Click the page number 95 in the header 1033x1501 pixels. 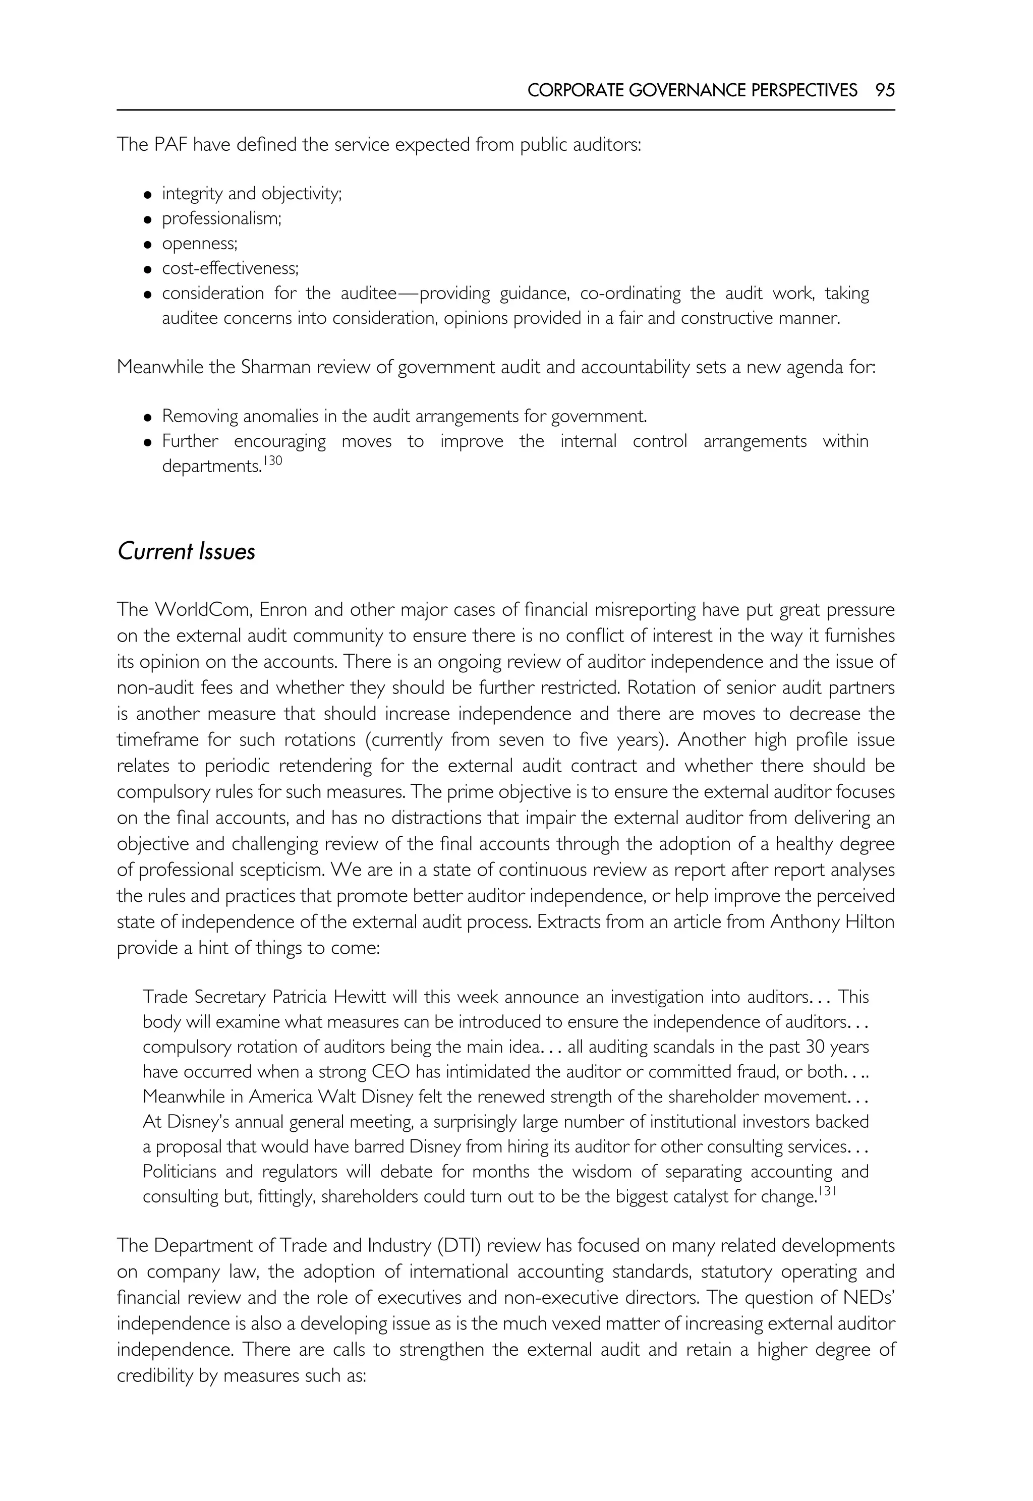[x=885, y=90]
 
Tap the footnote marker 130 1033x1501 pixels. [x=272, y=460]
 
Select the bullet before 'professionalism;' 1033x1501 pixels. [x=148, y=219]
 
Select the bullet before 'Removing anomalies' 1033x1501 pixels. [x=148, y=417]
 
